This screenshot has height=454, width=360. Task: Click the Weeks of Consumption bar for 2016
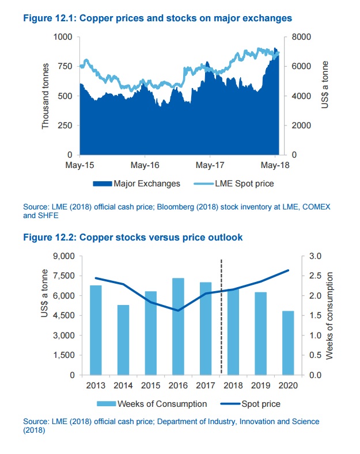click(x=178, y=326)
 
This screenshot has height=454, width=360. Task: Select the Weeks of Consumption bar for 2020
click(x=288, y=343)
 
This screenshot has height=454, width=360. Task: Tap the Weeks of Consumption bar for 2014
click(x=123, y=340)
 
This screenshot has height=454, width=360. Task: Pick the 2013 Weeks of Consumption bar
click(x=96, y=330)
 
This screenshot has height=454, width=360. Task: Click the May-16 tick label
click(x=145, y=165)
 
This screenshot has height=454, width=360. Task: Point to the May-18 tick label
click(x=275, y=165)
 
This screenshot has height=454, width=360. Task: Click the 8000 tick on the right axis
click(x=301, y=37)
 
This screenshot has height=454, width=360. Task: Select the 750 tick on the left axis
click(x=65, y=66)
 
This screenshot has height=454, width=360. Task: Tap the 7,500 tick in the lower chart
click(x=64, y=276)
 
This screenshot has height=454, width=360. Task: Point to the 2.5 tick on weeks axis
click(x=316, y=276)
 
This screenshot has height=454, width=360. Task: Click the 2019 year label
click(x=260, y=386)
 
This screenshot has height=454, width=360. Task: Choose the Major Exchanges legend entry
click(x=137, y=184)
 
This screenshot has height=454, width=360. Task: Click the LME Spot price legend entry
click(x=234, y=184)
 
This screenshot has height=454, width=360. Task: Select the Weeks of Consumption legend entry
click(x=151, y=404)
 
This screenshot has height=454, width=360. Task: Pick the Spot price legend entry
click(x=251, y=404)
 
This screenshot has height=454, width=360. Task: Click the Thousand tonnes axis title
click(x=46, y=96)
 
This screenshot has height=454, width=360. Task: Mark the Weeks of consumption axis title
click(x=329, y=315)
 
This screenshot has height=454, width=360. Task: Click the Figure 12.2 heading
click(x=132, y=237)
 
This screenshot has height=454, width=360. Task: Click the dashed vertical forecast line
click(x=221, y=316)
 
